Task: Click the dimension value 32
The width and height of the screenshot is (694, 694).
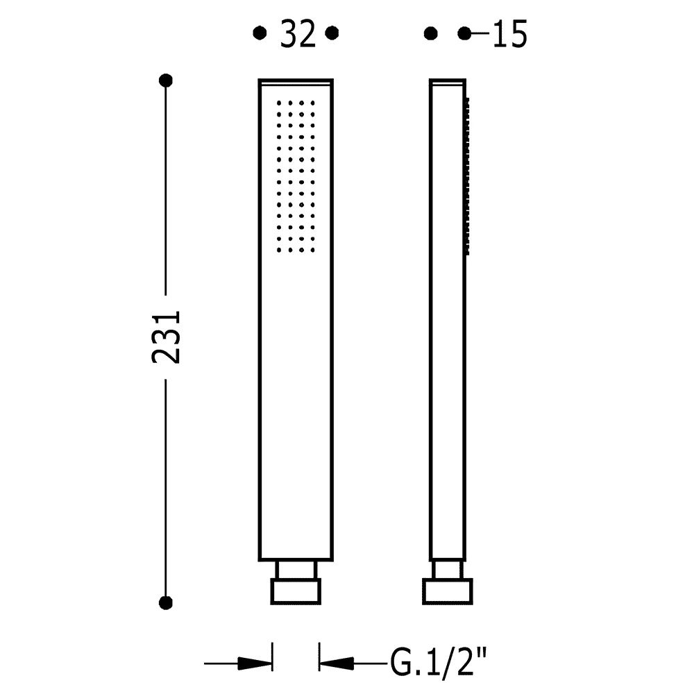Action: [298, 34]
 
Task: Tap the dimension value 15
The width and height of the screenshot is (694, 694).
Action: [510, 34]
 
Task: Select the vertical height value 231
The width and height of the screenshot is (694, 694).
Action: [167, 337]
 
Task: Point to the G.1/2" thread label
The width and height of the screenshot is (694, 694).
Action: [438, 663]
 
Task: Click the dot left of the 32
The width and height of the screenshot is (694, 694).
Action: [260, 33]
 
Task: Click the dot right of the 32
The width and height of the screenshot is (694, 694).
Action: [332, 33]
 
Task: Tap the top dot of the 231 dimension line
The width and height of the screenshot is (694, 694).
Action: [166, 81]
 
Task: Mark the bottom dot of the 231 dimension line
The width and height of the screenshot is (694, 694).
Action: [166, 603]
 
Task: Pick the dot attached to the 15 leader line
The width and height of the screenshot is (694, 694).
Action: [465, 33]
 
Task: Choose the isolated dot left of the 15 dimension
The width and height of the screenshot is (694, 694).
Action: [431, 33]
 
